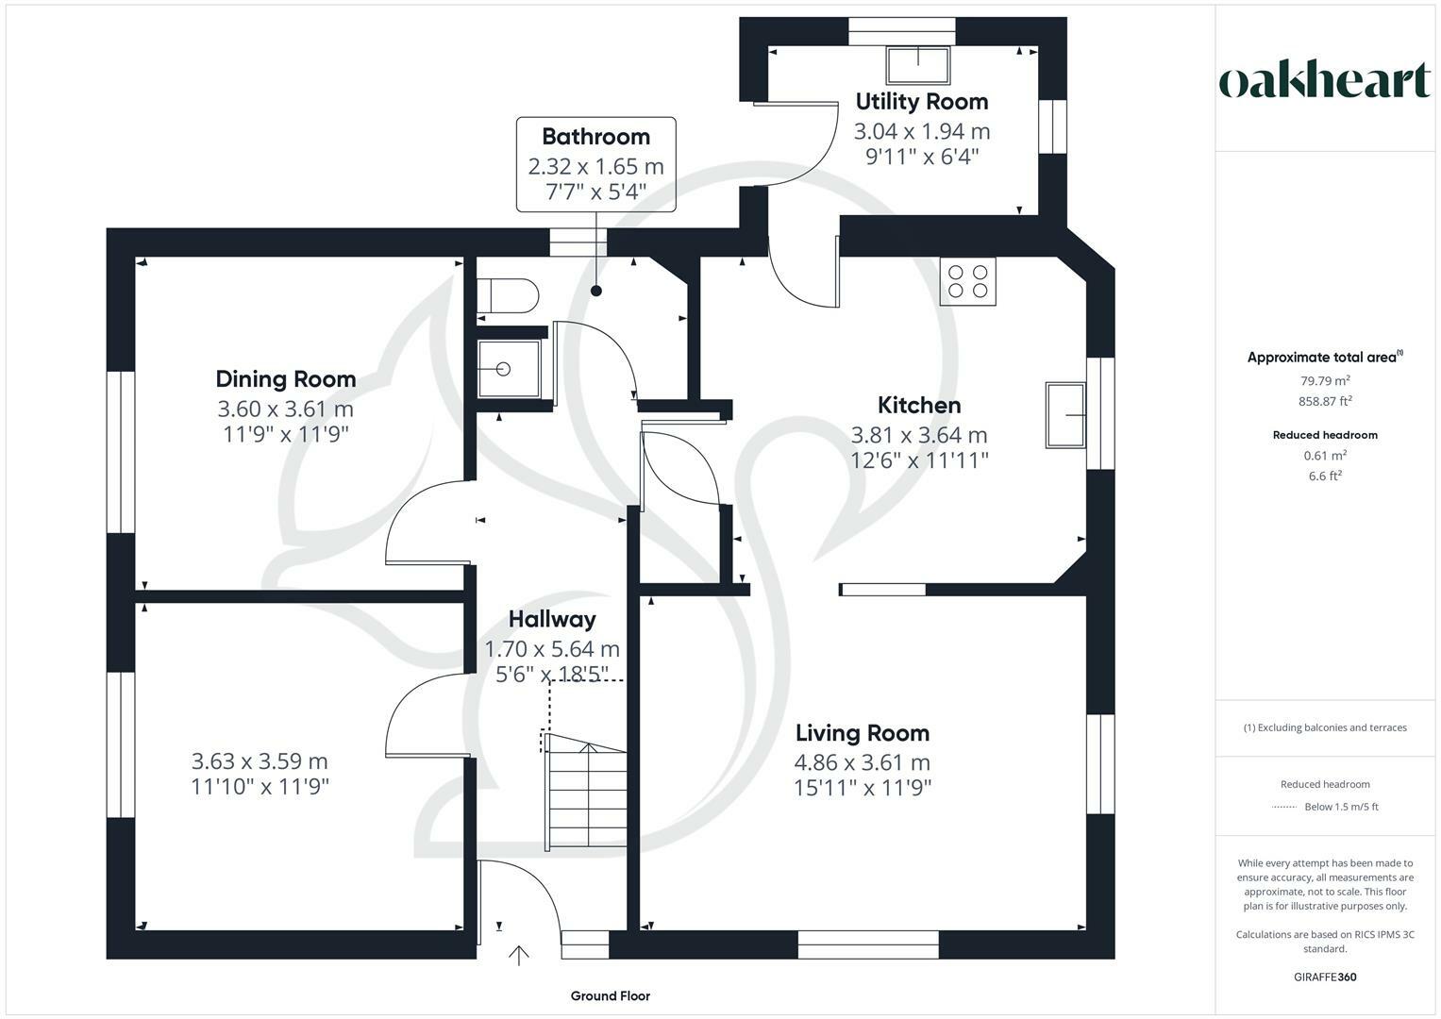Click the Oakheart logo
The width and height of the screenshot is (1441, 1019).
[1325, 81]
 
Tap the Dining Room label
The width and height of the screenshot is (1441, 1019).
[286, 379]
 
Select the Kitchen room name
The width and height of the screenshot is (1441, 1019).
[919, 406]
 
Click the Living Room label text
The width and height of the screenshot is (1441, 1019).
[862, 733]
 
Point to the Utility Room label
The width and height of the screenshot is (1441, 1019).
[921, 102]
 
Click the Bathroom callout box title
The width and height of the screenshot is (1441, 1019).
[595, 137]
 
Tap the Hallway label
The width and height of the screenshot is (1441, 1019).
[552, 620]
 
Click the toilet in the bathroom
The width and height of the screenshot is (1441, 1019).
[508, 295]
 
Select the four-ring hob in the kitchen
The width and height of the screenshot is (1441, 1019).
[968, 281]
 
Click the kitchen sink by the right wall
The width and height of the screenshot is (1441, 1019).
[1066, 415]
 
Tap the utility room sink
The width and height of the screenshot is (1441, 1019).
[919, 64]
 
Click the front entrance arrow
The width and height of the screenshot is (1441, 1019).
[518, 955]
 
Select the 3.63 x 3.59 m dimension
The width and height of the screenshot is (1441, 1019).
[260, 761]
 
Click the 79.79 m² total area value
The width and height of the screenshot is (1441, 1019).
[1325, 381]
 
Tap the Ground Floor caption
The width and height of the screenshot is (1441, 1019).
[610, 995]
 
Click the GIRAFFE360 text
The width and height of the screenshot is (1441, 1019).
[1325, 977]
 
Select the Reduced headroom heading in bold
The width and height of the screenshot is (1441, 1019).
[1325, 435]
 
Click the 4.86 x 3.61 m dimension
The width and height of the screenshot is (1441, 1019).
[862, 762]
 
